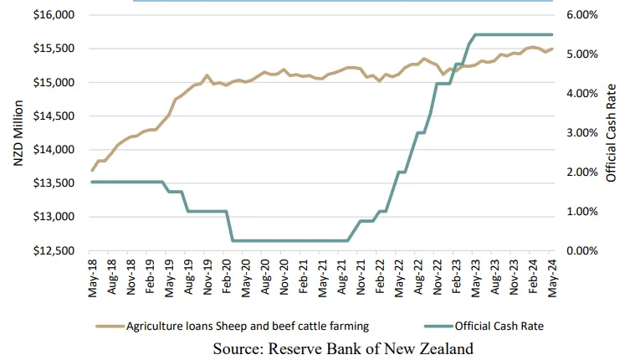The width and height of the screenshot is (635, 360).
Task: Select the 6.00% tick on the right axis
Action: click(x=582, y=15)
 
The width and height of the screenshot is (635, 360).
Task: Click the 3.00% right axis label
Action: click(x=582, y=132)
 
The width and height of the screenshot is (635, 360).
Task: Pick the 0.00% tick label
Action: click(x=582, y=250)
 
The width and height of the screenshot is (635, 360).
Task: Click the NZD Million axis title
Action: click(x=18, y=133)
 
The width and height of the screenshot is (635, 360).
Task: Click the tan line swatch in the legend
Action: click(x=108, y=326)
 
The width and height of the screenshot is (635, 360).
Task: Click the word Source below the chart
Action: click(x=238, y=347)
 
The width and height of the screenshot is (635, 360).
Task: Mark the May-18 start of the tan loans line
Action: click(x=92, y=170)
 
